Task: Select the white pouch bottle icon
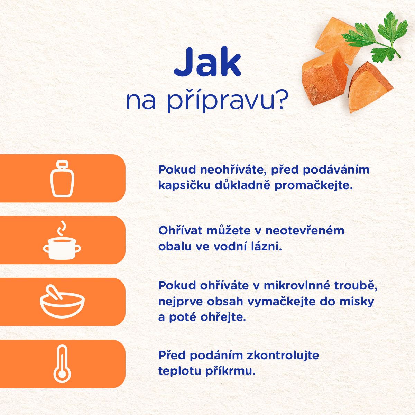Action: [62, 178]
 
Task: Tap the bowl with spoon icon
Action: [62, 302]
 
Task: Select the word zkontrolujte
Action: [283, 355]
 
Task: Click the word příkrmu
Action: [230, 371]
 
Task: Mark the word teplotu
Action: [180, 371]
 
